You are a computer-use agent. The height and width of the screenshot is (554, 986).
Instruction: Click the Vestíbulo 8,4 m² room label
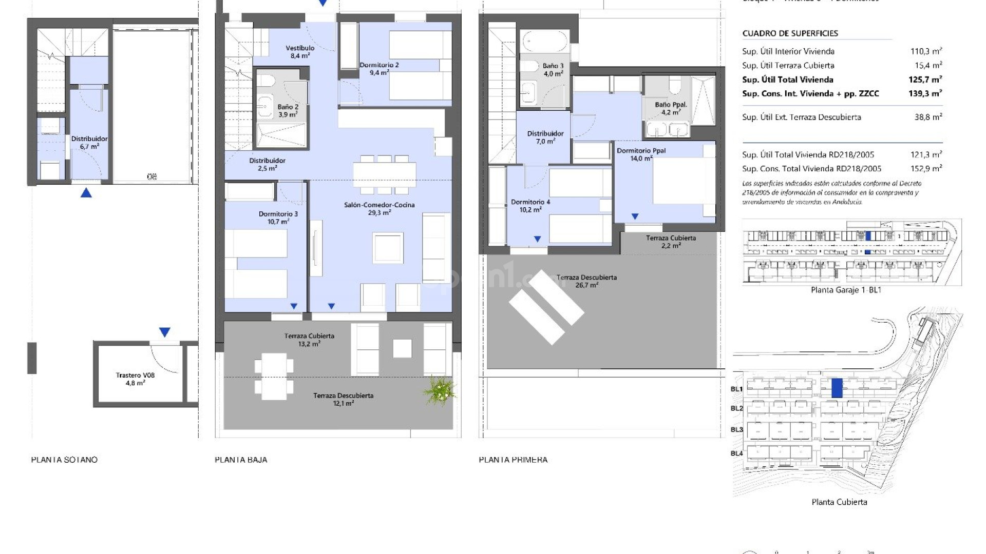click(300, 52)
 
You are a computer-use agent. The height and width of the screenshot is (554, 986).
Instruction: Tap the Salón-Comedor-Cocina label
click(379, 208)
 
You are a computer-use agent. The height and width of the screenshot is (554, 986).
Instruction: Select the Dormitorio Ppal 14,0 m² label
click(641, 154)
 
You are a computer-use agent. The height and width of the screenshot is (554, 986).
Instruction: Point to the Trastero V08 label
click(135, 379)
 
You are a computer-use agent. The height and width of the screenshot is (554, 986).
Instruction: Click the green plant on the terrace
click(440, 391)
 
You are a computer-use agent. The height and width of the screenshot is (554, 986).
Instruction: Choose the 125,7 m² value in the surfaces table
click(925, 80)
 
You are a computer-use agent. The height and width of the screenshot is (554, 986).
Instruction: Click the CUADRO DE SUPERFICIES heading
click(790, 33)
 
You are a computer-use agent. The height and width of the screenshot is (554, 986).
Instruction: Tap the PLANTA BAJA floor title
click(241, 460)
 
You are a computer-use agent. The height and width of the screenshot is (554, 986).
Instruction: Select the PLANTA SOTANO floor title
click(64, 460)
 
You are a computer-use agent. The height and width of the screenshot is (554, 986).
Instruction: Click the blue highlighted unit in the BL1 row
click(837, 388)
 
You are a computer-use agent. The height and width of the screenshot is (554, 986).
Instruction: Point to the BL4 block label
click(736, 453)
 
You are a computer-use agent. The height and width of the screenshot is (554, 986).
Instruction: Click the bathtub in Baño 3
click(544, 41)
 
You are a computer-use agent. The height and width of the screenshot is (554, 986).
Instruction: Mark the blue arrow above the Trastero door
click(164, 332)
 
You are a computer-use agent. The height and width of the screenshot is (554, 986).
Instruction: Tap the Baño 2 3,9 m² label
click(288, 111)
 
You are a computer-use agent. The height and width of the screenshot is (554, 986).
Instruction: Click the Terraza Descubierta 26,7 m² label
click(586, 281)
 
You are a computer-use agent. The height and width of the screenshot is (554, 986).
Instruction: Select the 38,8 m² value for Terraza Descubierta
click(928, 117)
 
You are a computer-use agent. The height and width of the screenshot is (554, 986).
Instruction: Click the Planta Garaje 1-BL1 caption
click(846, 290)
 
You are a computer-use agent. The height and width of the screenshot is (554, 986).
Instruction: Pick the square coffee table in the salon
click(388, 248)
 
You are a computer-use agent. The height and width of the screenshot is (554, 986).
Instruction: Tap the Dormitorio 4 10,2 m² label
click(530, 206)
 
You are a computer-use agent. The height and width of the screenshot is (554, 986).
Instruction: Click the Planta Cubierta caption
click(839, 502)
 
